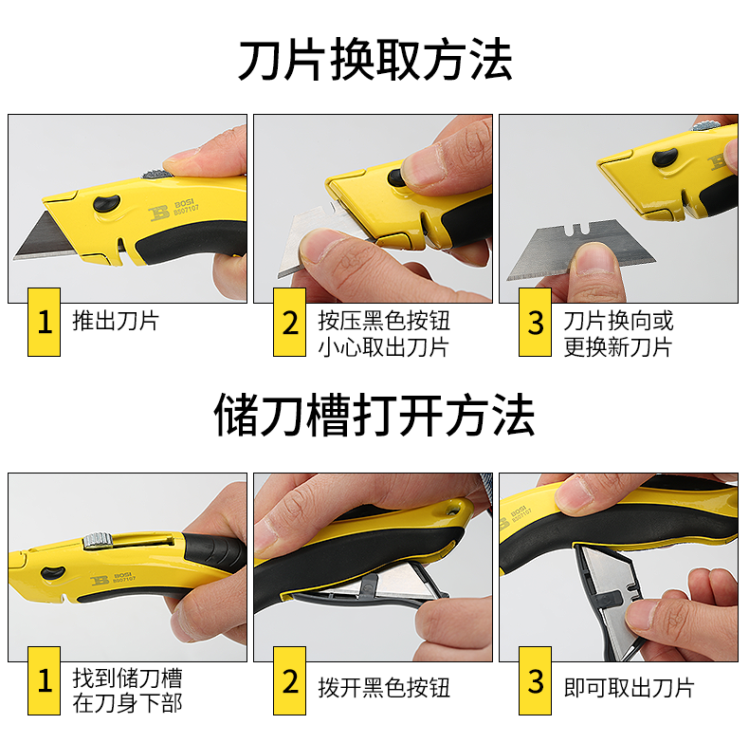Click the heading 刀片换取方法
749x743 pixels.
point(375,60)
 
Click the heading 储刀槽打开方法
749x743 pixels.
point(374,415)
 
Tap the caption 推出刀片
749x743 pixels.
point(116,321)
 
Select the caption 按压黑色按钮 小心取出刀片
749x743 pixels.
point(384,334)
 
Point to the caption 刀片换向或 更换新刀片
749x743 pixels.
point(618,334)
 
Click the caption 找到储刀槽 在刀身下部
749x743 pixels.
point(128,691)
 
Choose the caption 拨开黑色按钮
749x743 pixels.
point(384,688)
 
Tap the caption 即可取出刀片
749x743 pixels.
point(630,688)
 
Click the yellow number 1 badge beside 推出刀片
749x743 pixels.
point(44,322)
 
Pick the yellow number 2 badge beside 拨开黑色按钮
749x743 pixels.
point(289,680)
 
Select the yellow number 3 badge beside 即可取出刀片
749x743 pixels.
point(535,680)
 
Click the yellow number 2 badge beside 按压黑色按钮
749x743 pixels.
point(289,322)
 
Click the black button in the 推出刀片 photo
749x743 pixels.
point(106,203)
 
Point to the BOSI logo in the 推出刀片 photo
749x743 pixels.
point(174,210)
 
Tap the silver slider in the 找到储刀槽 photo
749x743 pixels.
point(98,540)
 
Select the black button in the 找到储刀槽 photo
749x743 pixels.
point(53,572)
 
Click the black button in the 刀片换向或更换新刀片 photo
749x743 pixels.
point(665,157)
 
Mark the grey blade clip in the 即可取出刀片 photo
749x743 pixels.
point(608,600)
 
